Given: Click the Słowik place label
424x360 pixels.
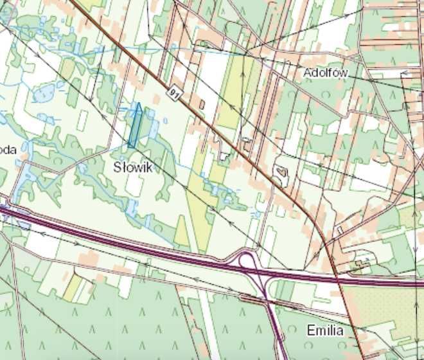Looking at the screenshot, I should [x=133, y=168].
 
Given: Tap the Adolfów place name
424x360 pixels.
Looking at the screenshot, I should [x=326, y=73].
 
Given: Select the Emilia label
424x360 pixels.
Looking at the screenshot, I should [x=325, y=331].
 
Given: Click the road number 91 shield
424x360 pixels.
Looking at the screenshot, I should [x=174, y=94].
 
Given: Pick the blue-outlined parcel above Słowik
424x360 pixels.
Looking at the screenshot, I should [x=136, y=126].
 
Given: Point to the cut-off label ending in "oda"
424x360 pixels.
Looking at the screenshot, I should [x=7, y=150].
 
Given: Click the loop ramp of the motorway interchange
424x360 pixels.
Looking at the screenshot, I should [x=245, y=260].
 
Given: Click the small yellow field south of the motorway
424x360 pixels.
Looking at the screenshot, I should [x=73, y=286].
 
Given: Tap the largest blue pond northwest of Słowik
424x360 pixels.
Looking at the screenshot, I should [x=43, y=94].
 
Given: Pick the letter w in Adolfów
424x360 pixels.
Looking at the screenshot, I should [x=344, y=73].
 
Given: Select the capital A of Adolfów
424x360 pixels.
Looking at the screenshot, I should [x=308, y=73].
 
